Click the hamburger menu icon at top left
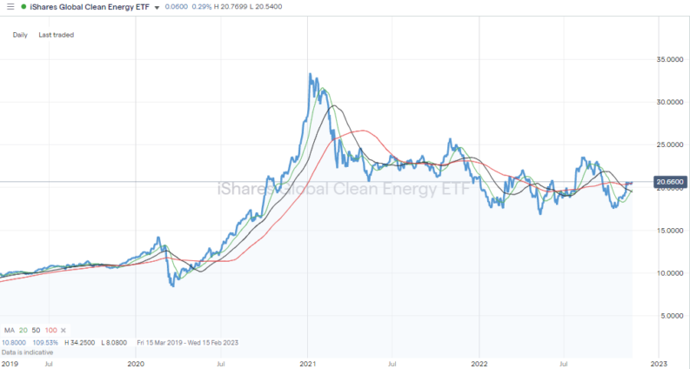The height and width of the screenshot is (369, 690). (x=8, y=7)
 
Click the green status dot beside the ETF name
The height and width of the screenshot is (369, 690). (x=23, y=7)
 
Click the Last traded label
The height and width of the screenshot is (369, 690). (x=57, y=35)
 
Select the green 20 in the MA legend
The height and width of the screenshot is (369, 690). (x=25, y=331)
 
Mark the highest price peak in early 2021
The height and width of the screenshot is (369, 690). (x=312, y=75)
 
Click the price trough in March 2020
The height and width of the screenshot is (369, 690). (x=172, y=285)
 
